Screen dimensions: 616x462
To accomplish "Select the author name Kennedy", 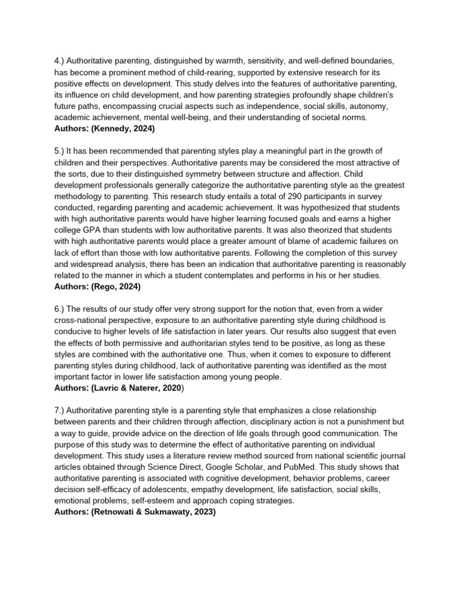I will pyautogui.click(x=114, y=129).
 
